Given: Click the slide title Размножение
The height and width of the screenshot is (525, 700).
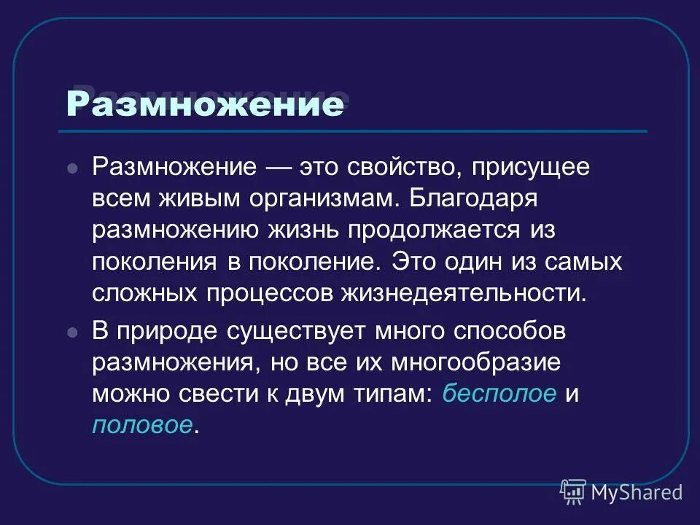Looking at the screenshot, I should (204, 104).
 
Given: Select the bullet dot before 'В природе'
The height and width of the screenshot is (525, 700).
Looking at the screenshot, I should (71, 332).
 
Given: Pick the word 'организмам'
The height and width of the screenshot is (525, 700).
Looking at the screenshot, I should (321, 198).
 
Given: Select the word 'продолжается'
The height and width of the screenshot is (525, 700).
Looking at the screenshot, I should (430, 230).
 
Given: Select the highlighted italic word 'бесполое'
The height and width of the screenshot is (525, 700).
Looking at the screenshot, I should (499, 394).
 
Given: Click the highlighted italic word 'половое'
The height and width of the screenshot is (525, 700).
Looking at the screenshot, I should (143, 426).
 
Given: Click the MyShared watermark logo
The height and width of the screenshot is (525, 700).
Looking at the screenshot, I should (622, 491).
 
